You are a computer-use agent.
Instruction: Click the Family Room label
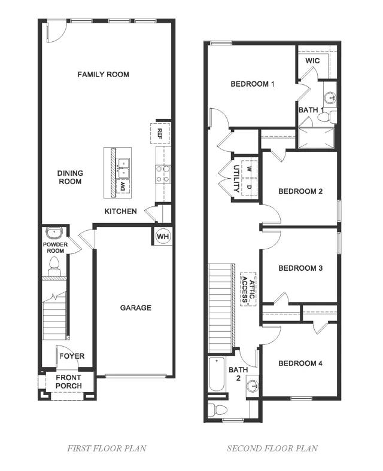pos(104,75)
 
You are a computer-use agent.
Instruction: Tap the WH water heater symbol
pos(162,237)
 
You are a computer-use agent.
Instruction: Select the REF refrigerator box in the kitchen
pos(160,133)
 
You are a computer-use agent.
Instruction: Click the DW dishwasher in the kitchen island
pos(124,187)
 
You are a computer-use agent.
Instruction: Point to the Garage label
pos(136,308)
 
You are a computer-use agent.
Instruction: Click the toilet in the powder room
pos(54,264)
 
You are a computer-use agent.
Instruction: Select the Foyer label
pos(71,356)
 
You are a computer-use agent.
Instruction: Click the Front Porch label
pos(69,381)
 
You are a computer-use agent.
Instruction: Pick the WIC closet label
pos(312,61)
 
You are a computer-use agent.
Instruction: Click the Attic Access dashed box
pos(248,289)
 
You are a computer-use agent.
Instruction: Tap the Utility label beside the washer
pos(236,178)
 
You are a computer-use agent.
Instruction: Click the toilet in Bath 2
pos(217,409)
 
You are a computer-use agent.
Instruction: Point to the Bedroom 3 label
pos(300,268)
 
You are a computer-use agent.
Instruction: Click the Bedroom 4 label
pos(300,363)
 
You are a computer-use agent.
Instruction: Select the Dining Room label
pos(70,178)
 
